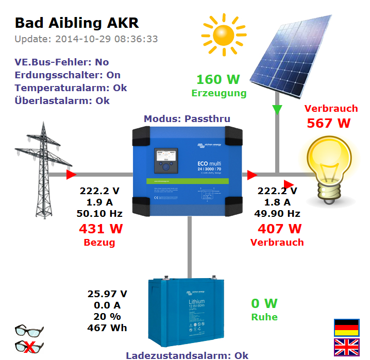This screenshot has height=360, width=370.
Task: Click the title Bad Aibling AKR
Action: [x=77, y=23]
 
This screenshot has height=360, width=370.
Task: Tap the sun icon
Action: [x=224, y=34]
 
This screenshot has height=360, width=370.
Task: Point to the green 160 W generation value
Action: [x=218, y=80]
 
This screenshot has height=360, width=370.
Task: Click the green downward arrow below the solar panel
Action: [x=277, y=110]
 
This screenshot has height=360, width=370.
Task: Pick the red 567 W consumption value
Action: [x=329, y=124]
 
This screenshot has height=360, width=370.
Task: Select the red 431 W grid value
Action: [x=100, y=229]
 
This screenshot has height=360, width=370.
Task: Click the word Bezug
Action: [x=99, y=242]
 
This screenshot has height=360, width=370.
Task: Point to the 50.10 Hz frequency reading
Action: [x=100, y=213]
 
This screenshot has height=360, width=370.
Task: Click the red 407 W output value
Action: [x=279, y=229]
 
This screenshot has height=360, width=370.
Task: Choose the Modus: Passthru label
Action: [x=187, y=119]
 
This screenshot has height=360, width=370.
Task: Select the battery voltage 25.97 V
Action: [x=107, y=294]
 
